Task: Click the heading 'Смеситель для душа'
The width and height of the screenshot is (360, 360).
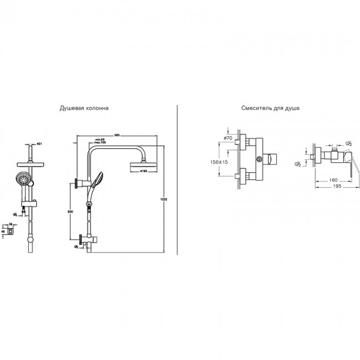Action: [x=270, y=109]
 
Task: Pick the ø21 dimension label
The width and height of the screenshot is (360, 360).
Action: [x=39, y=144]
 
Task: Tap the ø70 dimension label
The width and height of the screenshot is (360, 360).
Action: [x=228, y=138]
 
